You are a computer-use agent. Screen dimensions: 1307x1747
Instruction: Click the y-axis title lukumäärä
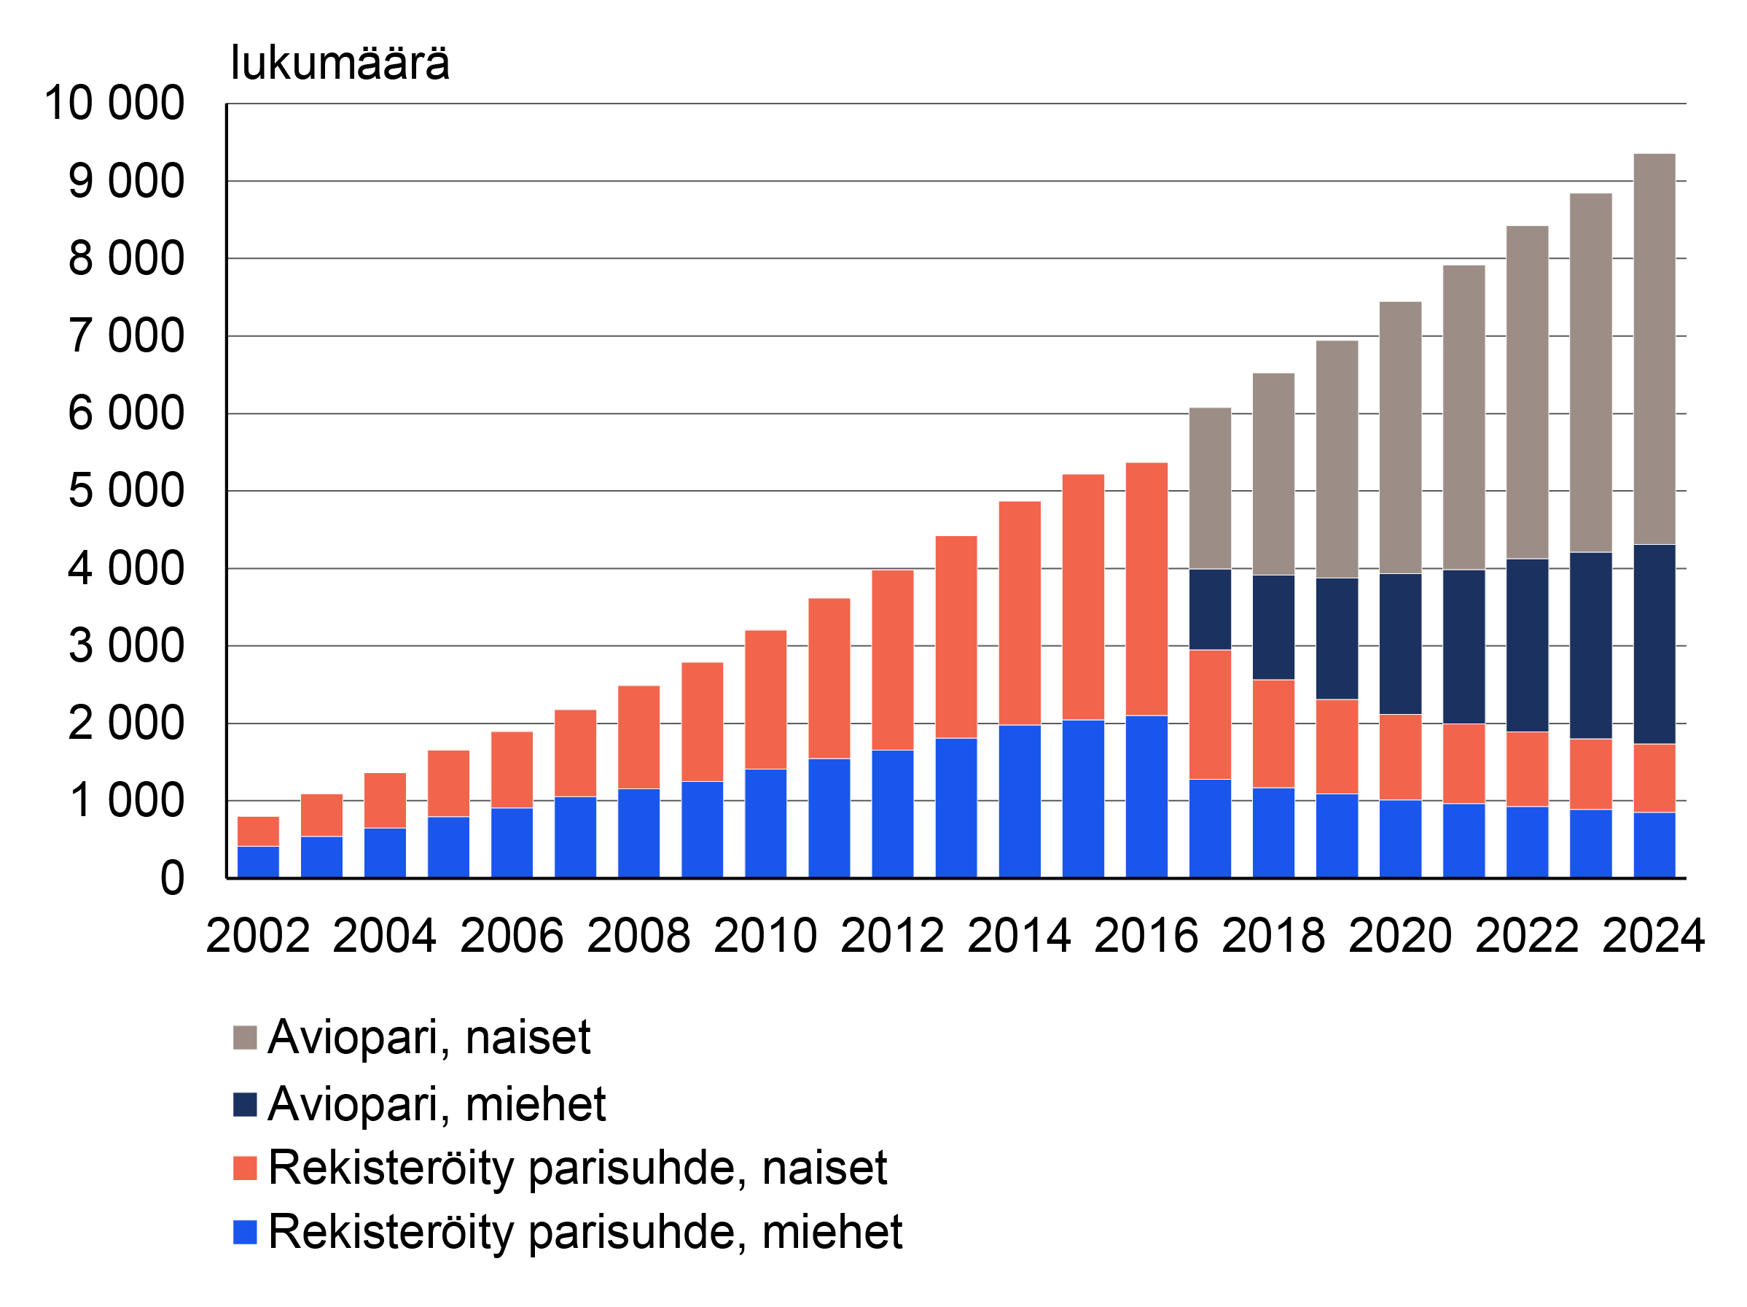tap(340, 63)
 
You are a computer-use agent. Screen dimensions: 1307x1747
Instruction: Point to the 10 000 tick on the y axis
tap(114, 103)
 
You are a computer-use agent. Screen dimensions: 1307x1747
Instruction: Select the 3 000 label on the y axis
tap(126, 646)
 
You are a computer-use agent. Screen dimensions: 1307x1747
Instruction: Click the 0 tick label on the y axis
tap(172, 879)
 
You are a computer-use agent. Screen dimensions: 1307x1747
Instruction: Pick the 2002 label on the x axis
tap(257, 936)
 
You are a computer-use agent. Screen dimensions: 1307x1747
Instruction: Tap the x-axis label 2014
tap(1019, 936)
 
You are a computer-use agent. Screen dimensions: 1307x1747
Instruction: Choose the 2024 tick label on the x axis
tap(1653, 936)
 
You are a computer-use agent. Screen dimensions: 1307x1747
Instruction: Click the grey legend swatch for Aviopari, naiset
tap(245, 1038)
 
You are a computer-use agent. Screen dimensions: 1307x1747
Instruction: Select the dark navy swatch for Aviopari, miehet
tap(245, 1105)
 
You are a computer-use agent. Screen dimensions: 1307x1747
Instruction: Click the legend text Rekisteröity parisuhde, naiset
tap(577, 1168)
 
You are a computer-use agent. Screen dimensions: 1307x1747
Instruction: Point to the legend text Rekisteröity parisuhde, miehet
tap(585, 1232)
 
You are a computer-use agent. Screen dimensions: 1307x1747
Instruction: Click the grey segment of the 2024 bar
tap(1654, 349)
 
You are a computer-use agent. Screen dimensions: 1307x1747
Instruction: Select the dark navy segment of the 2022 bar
tap(1527, 645)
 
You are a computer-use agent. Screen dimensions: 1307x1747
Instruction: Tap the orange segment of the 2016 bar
tap(1146, 589)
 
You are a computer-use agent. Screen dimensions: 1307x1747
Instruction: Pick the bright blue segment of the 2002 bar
tap(258, 861)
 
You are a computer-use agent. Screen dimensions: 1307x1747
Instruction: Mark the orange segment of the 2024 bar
tap(1654, 777)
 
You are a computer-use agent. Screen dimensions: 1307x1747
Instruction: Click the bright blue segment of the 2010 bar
tap(765, 823)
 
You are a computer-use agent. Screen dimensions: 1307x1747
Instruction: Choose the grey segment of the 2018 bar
tap(1273, 474)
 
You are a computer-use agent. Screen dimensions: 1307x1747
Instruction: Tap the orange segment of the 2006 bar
tap(512, 769)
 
